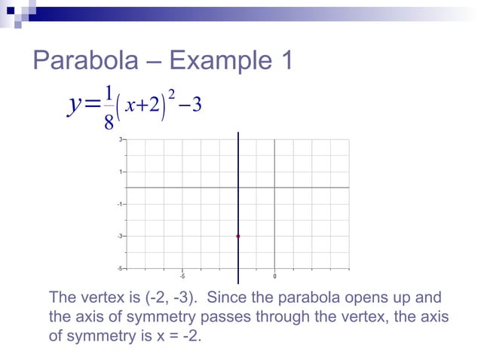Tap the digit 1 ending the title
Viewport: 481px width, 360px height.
tap(283, 61)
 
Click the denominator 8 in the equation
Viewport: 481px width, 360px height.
tap(109, 121)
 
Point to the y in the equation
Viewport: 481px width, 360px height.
tap(75, 106)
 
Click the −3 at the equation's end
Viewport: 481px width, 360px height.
tap(191, 104)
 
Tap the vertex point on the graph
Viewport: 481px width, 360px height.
tap(238, 236)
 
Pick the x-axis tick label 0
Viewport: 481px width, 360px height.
tap(274, 275)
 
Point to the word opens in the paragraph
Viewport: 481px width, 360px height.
tap(372, 296)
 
